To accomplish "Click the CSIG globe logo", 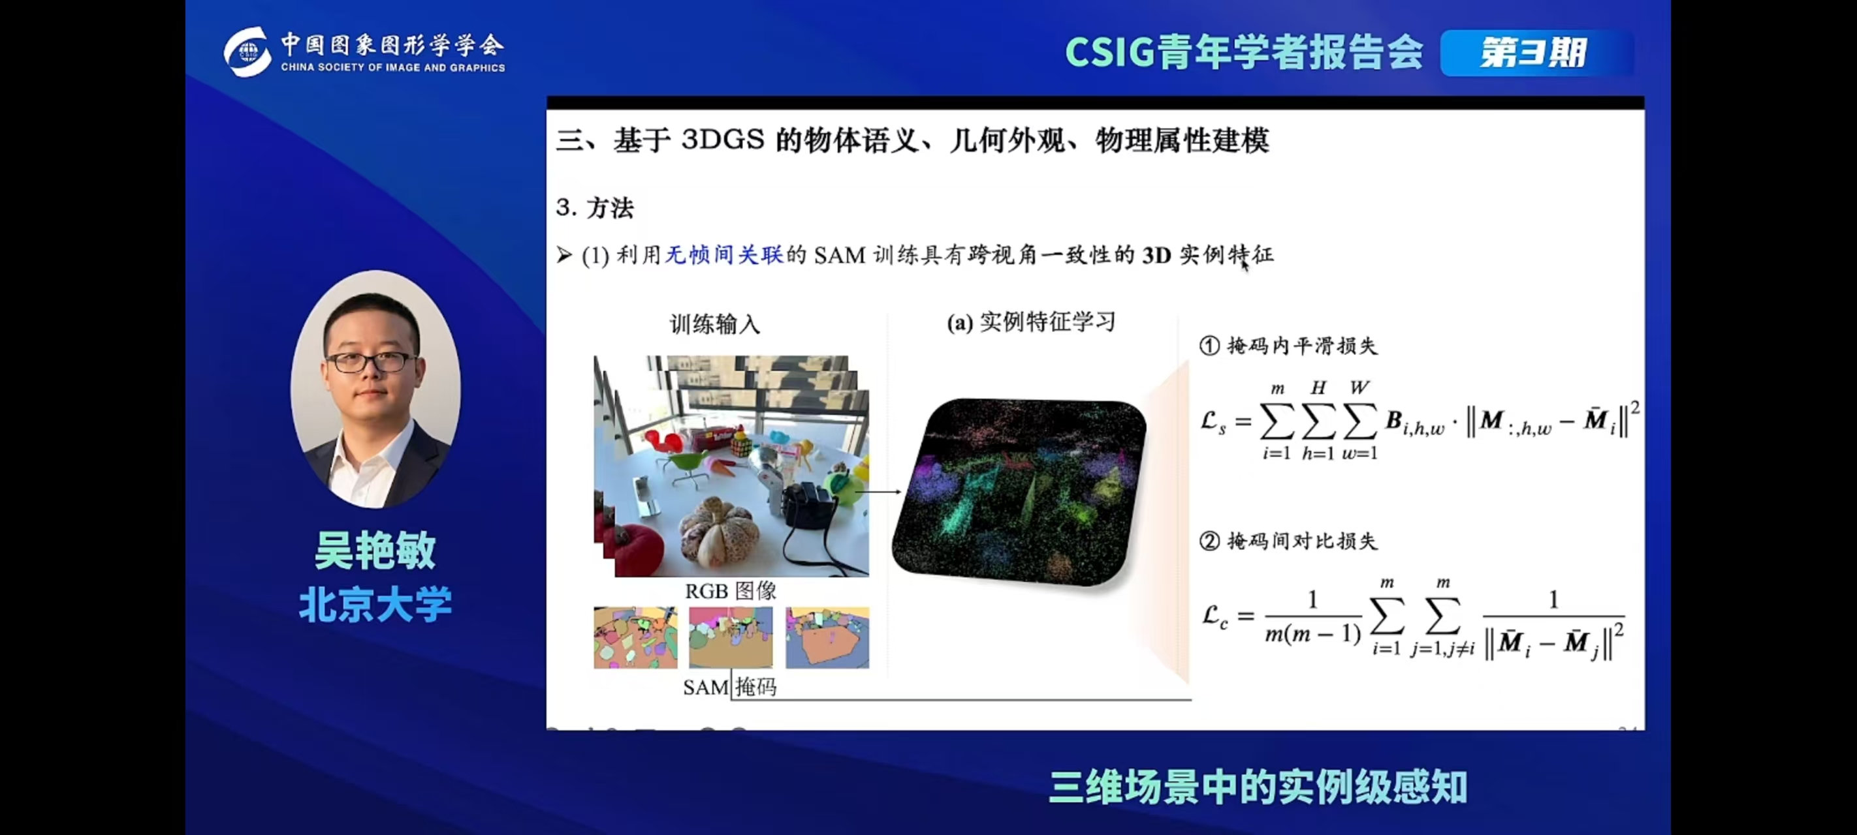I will coord(247,52).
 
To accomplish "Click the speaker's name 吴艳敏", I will coord(375,551).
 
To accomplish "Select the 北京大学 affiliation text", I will coord(375,603).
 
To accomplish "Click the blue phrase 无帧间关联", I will coord(723,255).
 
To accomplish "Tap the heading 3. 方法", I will coord(595,208).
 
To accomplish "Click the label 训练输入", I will coord(714,324).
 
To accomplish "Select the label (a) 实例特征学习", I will coord(1031,322).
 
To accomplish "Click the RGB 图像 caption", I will coord(730,592).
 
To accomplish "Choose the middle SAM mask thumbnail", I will coord(730,637).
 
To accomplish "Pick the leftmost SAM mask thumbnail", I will coord(635,637).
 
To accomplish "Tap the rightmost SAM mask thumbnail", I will coord(827,637).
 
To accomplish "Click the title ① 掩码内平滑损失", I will coord(1288,346).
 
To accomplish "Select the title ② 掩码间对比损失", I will coord(1288,541).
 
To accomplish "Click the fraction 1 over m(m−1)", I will coord(1312,617).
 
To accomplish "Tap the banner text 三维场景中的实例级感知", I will coord(1258,787).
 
